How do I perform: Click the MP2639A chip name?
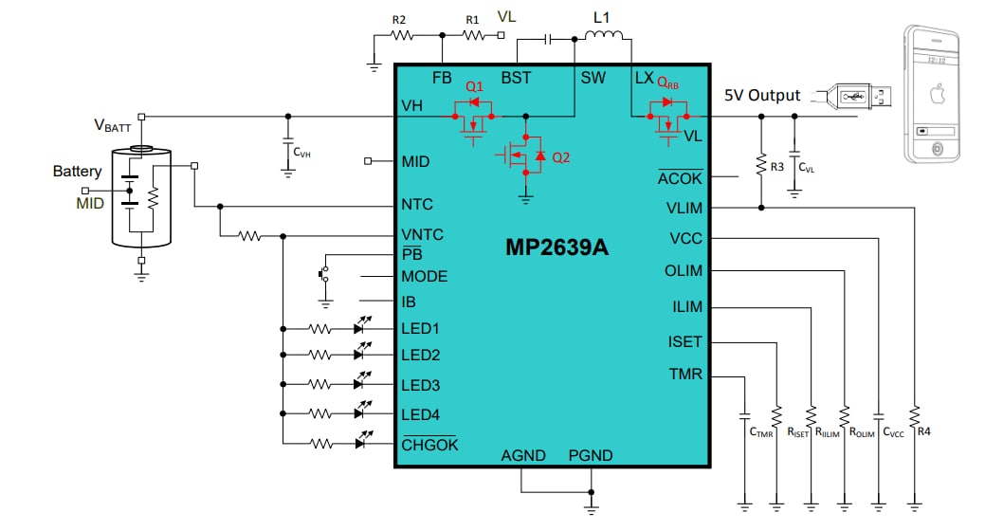coord(556,248)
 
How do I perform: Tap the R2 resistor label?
coord(399,19)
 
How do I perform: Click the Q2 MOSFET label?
coord(561,157)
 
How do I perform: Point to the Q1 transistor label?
coord(474,86)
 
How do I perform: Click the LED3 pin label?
coord(420,386)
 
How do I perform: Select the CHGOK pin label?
coord(429,444)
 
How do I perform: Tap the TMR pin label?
coord(685,375)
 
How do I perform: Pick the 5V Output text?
coord(762,96)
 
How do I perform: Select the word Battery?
coord(77,172)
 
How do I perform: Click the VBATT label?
coord(112,125)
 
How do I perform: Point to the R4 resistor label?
coord(923,432)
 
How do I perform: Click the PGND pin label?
coord(590,455)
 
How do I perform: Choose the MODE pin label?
coord(425,277)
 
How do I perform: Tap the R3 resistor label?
coord(776,167)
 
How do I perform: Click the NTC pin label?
coord(417,205)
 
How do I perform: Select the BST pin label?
coord(516,78)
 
